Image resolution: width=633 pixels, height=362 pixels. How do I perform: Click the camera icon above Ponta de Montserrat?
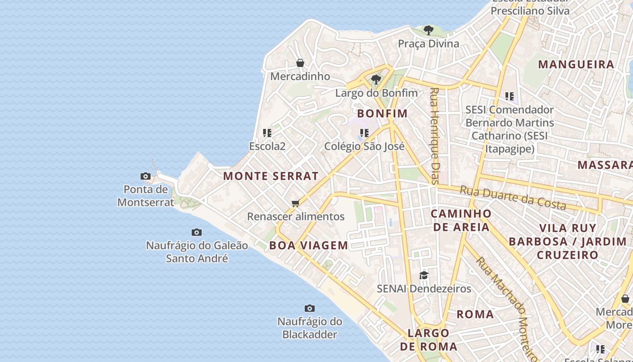(x=146, y=176)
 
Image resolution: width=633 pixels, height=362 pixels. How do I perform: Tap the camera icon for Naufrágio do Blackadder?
(x=310, y=308)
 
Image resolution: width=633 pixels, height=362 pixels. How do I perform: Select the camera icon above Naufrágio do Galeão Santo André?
(x=197, y=232)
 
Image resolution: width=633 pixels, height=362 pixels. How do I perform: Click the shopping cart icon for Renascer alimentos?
(x=296, y=203)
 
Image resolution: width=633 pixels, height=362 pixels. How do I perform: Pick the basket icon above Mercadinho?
(x=300, y=63)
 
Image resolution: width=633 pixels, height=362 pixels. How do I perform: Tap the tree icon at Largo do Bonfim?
(x=376, y=80)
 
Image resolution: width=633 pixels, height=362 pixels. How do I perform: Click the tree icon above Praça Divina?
(x=428, y=30)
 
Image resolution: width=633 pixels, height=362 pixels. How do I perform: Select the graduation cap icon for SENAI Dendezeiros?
(x=424, y=275)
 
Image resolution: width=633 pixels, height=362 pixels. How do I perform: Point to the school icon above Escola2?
(x=267, y=133)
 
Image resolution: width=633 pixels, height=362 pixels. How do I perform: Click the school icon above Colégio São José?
(x=364, y=133)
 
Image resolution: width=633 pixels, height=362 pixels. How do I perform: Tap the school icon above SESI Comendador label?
(x=510, y=96)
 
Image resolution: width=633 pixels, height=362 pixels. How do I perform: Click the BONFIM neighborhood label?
(x=383, y=114)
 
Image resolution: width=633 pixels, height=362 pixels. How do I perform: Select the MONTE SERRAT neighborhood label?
(x=271, y=176)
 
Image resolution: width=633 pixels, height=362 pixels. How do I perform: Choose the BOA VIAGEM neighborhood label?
(x=309, y=246)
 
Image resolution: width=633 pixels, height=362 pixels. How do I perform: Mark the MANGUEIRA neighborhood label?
(x=576, y=64)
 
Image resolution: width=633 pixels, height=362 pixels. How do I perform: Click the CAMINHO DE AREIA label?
(x=461, y=220)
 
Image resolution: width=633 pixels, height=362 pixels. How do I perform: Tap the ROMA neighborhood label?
(x=475, y=314)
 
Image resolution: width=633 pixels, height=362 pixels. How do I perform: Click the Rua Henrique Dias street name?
(x=435, y=136)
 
